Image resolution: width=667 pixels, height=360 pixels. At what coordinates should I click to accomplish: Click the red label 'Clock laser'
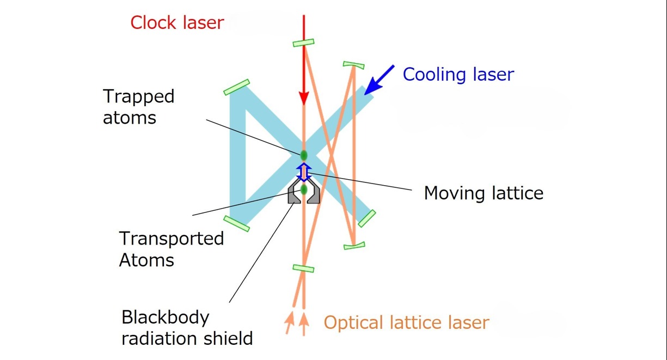[x=177, y=23]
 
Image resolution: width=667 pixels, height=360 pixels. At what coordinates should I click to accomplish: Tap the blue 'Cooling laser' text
[x=458, y=74]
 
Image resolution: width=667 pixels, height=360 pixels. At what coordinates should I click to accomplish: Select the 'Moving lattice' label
[x=484, y=193]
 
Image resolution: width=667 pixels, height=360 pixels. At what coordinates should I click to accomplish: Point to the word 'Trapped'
[x=139, y=96]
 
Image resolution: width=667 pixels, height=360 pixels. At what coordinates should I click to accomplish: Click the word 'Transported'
[x=172, y=239]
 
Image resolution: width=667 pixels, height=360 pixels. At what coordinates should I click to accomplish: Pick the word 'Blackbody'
[x=165, y=317]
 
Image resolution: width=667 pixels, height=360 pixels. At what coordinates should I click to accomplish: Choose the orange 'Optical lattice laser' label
[x=406, y=322]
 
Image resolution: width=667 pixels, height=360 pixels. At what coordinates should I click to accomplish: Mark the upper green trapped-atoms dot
[x=304, y=155]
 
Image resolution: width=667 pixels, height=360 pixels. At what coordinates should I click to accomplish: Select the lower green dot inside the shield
[x=304, y=190]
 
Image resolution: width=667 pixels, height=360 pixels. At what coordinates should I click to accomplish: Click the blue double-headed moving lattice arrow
[x=304, y=172]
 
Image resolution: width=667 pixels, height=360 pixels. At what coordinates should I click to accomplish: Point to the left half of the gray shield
[x=294, y=194]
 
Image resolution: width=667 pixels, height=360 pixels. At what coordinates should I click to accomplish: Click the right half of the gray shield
[x=314, y=194]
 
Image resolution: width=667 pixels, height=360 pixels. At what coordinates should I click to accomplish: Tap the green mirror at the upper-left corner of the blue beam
[x=236, y=87]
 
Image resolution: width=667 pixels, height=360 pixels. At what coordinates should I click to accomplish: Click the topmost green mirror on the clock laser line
[x=303, y=42]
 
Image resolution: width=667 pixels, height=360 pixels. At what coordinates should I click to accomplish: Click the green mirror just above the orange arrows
[x=303, y=268]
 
